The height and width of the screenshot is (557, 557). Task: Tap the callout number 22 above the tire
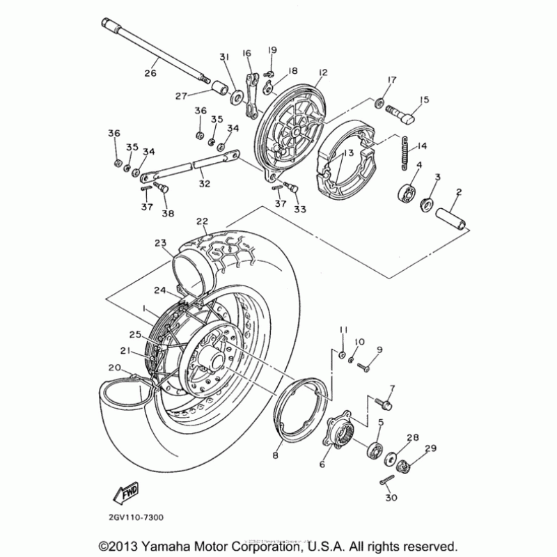202,222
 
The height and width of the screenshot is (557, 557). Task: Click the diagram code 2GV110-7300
136,517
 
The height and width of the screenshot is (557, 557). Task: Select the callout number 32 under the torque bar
204,184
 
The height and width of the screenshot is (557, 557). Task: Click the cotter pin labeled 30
387,482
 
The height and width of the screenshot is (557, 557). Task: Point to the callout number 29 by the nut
431,448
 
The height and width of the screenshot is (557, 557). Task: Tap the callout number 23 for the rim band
161,243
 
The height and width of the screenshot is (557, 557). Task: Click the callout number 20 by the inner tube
113,368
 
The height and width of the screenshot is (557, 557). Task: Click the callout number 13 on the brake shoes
348,152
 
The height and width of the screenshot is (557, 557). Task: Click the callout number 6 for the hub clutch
322,464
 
